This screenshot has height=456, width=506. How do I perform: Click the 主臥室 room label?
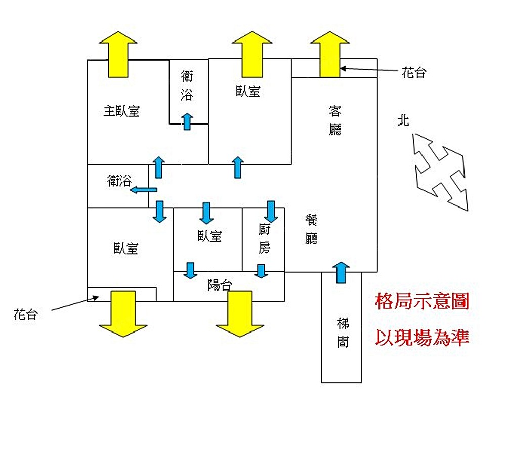click(121, 111)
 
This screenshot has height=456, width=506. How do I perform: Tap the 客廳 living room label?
click(335, 120)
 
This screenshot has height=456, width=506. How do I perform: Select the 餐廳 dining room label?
click(312, 229)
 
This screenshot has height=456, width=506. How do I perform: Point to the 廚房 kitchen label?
click(264, 239)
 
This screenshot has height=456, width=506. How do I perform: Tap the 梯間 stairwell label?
click(342, 333)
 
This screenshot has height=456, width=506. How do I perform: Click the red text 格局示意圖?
click(422, 302)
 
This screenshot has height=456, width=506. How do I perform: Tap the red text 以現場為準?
click(422, 338)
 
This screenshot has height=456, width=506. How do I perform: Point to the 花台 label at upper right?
click(414, 73)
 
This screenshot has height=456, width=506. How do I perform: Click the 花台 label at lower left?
click(25, 315)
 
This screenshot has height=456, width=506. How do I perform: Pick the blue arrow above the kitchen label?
click(271, 211)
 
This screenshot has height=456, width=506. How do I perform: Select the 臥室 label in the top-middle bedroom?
click(248, 91)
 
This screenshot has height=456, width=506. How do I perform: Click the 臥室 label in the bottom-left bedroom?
click(125, 248)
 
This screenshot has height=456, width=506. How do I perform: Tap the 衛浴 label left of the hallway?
click(119, 181)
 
